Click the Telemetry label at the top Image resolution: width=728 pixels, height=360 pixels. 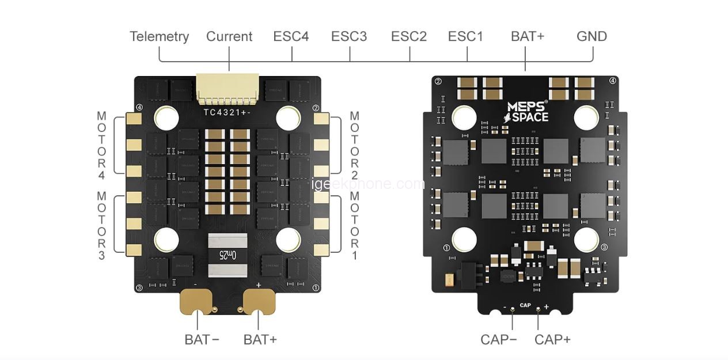tap(159, 36)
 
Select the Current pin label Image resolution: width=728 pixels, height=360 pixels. tap(229, 36)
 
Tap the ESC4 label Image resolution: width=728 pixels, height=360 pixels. tap(291, 36)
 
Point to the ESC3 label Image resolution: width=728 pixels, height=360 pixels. tap(348, 36)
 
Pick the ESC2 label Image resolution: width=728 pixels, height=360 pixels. tap(409, 36)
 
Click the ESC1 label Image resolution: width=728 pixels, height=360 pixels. tap(465, 36)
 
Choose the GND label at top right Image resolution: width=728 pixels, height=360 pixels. tap(591, 36)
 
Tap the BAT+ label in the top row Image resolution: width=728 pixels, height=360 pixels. tap(527, 36)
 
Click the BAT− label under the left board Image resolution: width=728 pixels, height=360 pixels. tap(202, 339)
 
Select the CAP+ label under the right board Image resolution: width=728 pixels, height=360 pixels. tap(552, 339)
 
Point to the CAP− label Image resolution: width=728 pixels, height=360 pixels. tap(498, 339)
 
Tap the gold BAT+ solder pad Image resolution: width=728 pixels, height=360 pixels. tap(259, 301)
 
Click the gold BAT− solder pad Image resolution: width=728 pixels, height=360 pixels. tap(196, 301)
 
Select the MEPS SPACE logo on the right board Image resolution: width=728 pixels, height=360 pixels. tap(527, 112)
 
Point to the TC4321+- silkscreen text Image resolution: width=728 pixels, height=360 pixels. tap(226, 112)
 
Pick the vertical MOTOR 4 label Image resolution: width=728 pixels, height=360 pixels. tap(101, 145)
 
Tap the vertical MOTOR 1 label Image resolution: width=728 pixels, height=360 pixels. tap(354, 226)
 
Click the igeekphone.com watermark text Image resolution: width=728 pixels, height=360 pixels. tap(367, 184)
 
